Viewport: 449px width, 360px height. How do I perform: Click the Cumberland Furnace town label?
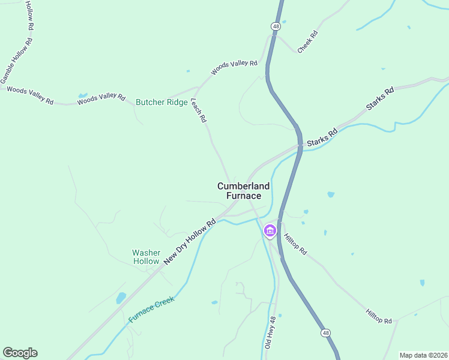[239, 191]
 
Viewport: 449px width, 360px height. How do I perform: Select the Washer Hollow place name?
[146, 257]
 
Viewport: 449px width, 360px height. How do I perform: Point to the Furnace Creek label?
[152, 310]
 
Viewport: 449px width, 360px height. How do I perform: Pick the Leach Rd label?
[199, 111]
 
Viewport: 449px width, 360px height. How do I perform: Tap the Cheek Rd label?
[307, 41]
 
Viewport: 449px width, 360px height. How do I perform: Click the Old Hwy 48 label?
[271, 334]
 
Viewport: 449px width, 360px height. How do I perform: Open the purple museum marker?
[270, 230]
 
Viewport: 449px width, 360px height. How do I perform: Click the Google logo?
[20, 353]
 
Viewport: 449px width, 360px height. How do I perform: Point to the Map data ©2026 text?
[423, 355]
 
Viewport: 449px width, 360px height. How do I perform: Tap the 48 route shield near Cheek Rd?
[275, 26]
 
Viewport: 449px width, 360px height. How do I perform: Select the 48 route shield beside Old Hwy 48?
[325, 332]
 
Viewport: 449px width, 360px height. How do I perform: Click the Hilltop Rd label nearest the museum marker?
[295, 244]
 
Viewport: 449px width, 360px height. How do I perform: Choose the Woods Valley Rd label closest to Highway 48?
[234, 67]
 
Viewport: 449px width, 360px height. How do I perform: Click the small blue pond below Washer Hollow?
[121, 298]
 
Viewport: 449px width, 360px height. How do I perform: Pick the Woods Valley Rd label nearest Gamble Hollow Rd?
[30, 95]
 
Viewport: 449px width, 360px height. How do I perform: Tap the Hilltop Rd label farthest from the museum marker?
[378, 316]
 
